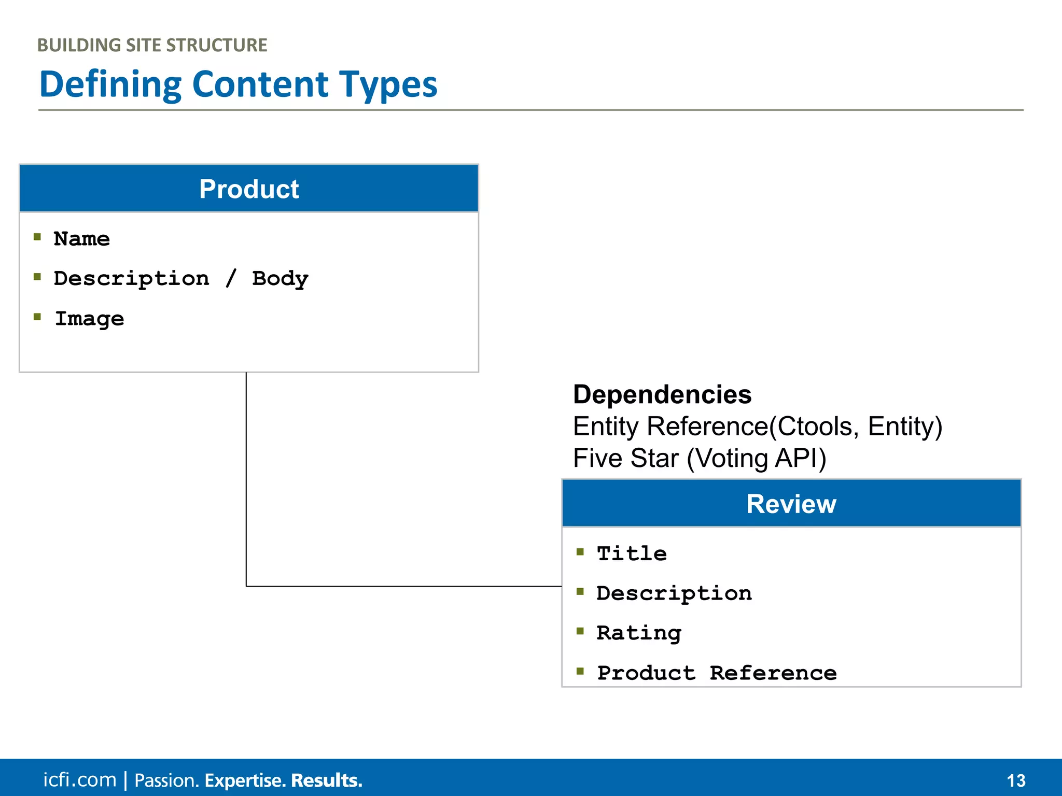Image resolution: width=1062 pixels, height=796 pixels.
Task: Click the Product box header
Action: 249,189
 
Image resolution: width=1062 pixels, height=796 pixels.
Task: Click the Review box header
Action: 791,504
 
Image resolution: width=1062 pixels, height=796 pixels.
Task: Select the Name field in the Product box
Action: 82,239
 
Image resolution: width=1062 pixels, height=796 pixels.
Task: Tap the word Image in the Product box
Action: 89,319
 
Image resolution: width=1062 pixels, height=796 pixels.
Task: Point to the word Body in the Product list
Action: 280,279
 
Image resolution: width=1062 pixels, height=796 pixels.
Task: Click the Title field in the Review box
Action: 632,553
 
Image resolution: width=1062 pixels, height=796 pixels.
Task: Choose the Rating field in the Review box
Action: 639,633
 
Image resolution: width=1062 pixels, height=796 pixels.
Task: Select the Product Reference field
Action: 717,673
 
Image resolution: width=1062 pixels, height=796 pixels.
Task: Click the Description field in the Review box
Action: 674,593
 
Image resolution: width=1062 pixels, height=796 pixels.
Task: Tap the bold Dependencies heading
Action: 662,395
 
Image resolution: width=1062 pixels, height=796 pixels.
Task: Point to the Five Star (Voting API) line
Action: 700,459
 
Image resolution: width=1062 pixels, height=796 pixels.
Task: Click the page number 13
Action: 1016,780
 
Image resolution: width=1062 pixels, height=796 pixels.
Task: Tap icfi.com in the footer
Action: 80,780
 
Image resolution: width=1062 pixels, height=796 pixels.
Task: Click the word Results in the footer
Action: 326,780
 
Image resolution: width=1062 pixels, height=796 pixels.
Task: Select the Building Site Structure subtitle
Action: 152,46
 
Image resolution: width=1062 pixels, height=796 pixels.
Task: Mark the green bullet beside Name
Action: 37,237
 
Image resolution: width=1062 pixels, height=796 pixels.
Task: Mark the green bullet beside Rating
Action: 580,631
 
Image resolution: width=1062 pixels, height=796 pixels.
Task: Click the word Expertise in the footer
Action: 245,780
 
